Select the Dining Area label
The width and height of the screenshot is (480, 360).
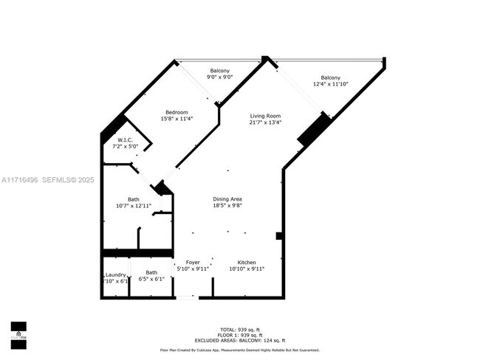pos(227,199)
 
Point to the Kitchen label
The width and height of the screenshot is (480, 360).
pos(247,262)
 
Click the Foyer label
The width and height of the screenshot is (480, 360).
pos(193,262)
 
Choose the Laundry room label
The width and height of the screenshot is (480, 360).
pos(115,274)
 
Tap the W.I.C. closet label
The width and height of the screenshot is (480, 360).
pos(125,139)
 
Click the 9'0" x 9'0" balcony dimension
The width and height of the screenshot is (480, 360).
pos(219,77)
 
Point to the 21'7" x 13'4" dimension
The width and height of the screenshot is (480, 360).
pos(265,122)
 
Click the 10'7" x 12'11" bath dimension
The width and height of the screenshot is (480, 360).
pos(134,206)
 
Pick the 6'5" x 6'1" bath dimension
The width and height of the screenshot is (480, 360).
pos(151,280)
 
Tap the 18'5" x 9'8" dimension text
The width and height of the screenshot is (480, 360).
pos(227,206)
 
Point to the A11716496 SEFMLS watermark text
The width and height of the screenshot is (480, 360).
pos(47,179)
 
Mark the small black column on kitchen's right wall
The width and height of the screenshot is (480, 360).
pos(279,236)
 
